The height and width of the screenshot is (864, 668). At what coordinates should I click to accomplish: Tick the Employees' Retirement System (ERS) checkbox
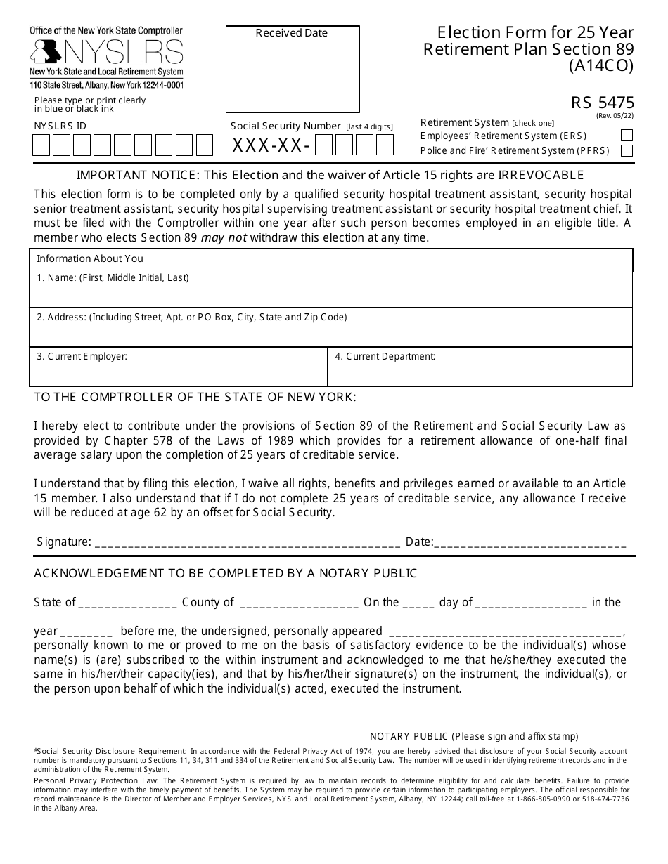coord(627,136)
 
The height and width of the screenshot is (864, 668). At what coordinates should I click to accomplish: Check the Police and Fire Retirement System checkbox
coord(627,150)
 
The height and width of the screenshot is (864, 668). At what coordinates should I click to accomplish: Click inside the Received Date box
coord(292,74)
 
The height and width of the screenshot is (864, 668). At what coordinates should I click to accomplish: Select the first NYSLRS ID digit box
coord(41,145)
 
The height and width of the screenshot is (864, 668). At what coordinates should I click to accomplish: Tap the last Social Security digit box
coord(385,145)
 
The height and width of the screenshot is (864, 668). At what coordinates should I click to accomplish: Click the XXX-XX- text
coord(271,146)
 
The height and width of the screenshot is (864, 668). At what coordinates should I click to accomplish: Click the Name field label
coord(113,278)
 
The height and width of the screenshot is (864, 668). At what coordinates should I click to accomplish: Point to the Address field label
coord(191,318)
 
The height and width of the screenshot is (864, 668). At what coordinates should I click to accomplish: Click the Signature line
coord(247,543)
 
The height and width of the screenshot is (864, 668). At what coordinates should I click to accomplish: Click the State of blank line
coord(127,603)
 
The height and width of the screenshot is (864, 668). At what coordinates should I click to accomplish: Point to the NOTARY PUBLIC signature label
coord(474,736)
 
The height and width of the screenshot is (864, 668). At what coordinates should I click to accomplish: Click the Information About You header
coord(89,258)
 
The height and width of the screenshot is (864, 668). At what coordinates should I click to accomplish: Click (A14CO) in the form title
coord(601,66)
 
